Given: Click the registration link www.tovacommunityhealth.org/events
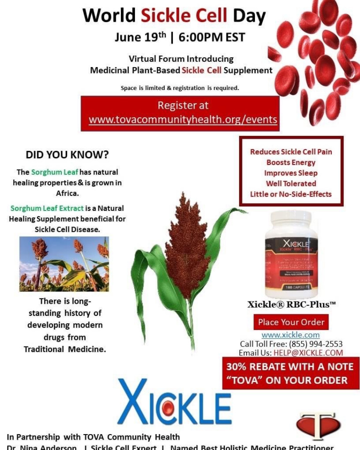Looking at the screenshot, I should point(183,120).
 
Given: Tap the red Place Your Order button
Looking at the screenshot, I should point(291,322).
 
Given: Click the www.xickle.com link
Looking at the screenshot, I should point(291,335).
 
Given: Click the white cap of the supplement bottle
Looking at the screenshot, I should point(291,220).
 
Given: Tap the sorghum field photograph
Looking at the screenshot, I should point(64,264).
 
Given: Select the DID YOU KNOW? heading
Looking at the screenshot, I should point(67,155).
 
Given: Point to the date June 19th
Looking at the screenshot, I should point(139,37).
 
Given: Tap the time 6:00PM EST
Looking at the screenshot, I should point(212,37).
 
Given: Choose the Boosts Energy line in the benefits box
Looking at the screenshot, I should point(291,162).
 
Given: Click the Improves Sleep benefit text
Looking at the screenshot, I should point(291,173).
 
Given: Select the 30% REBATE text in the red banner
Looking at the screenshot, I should point(257,367).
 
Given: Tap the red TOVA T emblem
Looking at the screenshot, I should point(317,425).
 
